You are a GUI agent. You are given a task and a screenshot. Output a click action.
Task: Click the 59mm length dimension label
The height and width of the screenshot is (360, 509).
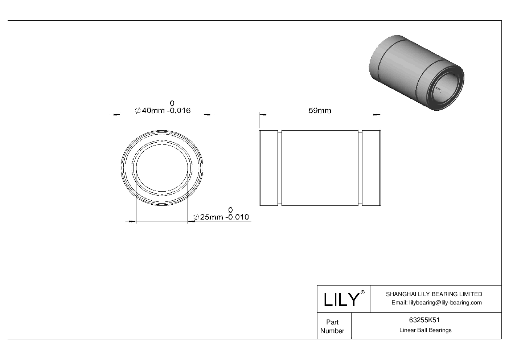320,110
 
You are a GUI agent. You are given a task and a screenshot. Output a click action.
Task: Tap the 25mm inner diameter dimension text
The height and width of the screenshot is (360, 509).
211,217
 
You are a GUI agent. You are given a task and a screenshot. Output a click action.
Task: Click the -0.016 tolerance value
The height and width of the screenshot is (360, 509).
178,111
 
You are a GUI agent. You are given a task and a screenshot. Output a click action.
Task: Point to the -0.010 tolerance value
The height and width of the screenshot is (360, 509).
237,217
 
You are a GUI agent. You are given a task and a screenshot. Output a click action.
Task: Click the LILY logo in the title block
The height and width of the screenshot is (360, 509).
341,299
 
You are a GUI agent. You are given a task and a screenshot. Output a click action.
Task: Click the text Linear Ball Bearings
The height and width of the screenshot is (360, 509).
425,330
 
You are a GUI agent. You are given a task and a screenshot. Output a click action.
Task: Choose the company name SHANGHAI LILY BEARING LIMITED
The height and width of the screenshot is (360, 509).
434,294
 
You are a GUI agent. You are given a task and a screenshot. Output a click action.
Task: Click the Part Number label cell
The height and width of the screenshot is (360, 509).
332,326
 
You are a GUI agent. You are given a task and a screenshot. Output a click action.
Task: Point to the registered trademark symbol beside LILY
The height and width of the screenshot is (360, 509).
362,292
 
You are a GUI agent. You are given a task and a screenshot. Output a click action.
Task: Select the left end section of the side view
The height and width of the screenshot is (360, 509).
269,168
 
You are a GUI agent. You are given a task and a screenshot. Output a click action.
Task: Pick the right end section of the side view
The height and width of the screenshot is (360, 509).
371,168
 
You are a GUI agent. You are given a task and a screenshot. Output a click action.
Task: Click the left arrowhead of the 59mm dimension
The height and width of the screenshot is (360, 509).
263,115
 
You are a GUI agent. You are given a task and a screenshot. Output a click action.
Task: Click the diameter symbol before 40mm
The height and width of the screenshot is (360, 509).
138,111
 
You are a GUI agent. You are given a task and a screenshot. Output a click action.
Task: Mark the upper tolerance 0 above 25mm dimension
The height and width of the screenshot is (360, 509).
230,210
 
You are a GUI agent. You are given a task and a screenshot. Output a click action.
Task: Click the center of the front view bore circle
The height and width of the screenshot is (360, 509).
162,168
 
